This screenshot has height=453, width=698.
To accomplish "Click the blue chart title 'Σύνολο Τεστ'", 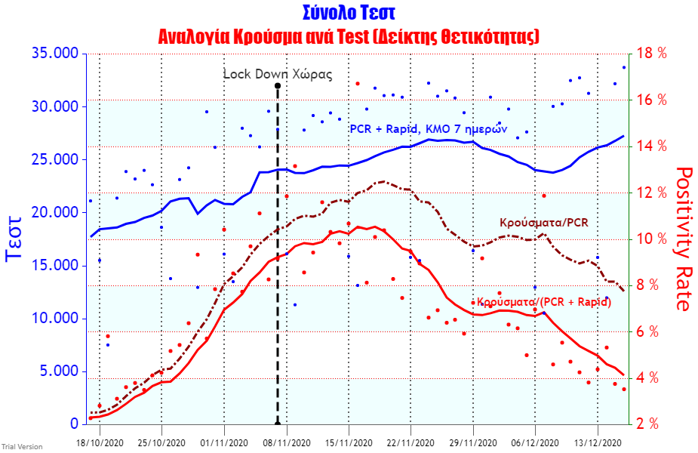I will pyautogui.click(x=349, y=13).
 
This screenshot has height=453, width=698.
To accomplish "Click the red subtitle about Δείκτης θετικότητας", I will pyautogui.click(x=349, y=36).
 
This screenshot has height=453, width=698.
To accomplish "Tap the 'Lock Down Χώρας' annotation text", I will pyautogui.click(x=277, y=74).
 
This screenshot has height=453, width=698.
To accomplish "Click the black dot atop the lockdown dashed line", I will pyautogui.click(x=278, y=86).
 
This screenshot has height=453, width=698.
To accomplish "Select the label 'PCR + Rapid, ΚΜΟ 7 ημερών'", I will pyautogui.click(x=428, y=128).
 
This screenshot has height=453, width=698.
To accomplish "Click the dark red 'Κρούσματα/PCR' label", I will pyautogui.click(x=543, y=223).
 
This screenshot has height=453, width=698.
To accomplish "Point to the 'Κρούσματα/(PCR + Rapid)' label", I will pyautogui.click(x=541, y=302).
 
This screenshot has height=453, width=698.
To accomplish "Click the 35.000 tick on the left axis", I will pyautogui.click(x=55, y=54).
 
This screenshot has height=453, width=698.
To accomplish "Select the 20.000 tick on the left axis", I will pyautogui.click(x=55, y=212).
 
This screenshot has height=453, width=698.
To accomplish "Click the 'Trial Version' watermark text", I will pyautogui.click(x=21, y=447).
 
